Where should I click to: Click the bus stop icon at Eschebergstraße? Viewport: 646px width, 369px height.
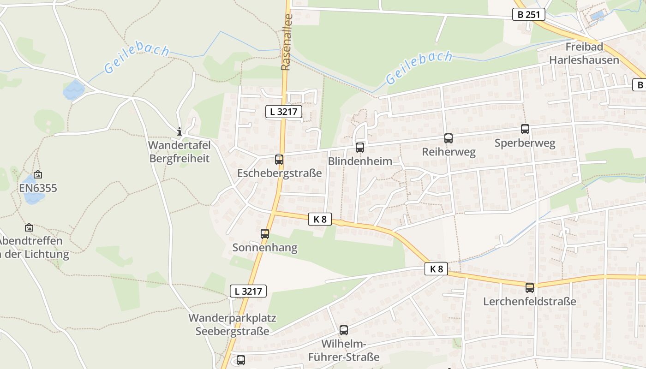pyautogui.click(x=279, y=160)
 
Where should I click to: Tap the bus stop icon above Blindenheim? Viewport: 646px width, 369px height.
pyautogui.click(x=360, y=148)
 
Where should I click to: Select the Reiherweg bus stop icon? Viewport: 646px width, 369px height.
pyautogui.click(x=449, y=138)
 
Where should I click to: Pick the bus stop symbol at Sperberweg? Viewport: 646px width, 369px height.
pyautogui.click(x=525, y=129)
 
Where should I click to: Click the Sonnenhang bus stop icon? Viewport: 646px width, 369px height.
pyautogui.click(x=265, y=234)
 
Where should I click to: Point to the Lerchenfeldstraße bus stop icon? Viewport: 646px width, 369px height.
pyautogui.click(x=530, y=288)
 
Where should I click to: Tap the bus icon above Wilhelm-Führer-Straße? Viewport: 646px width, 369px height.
pyautogui.click(x=344, y=330)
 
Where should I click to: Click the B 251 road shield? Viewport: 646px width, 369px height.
pyautogui.click(x=529, y=15)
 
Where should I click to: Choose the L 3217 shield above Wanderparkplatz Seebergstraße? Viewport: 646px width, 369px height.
pyautogui.click(x=248, y=291)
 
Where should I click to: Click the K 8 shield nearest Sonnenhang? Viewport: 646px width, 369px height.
pyautogui.click(x=320, y=220)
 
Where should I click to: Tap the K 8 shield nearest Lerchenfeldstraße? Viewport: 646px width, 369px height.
pyautogui.click(x=437, y=269)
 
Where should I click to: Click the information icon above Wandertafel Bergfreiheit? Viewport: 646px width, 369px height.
pyautogui.click(x=179, y=131)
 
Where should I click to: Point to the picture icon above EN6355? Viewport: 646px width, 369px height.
pyautogui.click(x=38, y=174)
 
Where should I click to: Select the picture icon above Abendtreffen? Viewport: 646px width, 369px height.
pyautogui.click(x=29, y=227)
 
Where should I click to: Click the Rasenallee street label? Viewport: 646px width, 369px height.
pyautogui.click(x=287, y=48)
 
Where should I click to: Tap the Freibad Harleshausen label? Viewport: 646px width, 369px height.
pyautogui.click(x=584, y=54)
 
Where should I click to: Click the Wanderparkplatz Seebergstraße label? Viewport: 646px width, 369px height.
pyautogui.click(x=232, y=325)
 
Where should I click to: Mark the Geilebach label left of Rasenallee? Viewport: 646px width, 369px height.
pyautogui.click(x=137, y=59)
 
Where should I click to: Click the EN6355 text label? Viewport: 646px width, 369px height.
pyautogui.click(x=38, y=188)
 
